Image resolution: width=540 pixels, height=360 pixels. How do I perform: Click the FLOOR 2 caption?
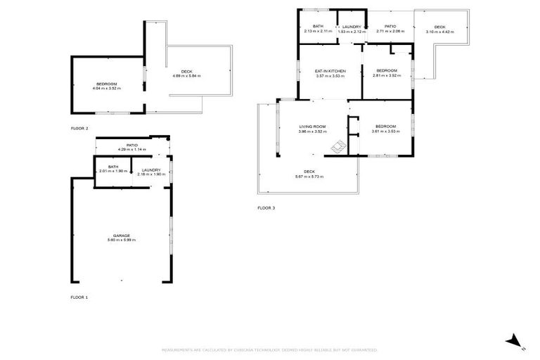tap(79, 129)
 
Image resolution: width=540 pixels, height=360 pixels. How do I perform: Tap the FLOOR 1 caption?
tap(79, 297)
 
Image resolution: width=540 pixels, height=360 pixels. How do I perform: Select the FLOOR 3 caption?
tap(266, 208)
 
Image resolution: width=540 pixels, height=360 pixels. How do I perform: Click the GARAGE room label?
tap(121, 235)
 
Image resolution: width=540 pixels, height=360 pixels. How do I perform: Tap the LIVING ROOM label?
tap(312, 127)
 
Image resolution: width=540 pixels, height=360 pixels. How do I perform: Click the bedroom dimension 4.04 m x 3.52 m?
tap(106, 89)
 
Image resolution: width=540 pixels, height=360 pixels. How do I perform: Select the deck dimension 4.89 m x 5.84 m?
tap(186, 76)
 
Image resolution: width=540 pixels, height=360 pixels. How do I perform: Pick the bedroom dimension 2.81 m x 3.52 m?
tap(387, 75)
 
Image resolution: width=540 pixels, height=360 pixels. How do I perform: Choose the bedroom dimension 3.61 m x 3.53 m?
tap(385, 131)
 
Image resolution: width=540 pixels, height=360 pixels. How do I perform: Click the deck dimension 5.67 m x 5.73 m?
tap(309, 176)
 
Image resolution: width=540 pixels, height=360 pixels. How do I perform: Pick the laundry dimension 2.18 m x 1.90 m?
tap(151, 174)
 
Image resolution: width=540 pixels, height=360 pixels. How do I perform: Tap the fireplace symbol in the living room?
tap(339, 146)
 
